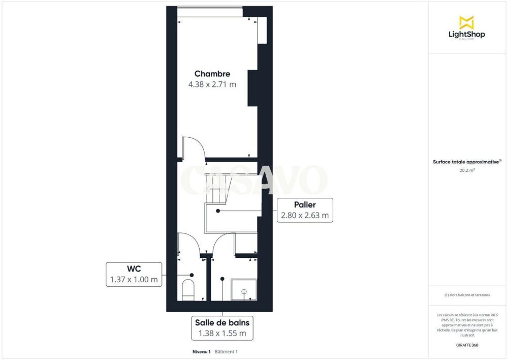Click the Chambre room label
click(x=212, y=74)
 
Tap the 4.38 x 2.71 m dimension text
click(x=212, y=84)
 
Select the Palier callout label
click(x=304, y=205)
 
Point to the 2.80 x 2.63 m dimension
click(x=304, y=216)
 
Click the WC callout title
click(x=133, y=269)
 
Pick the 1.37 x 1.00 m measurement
click(x=134, y=280)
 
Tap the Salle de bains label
click(x=222, y=322)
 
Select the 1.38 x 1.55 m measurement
click(x=222, y=334)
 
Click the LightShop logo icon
click(x=466, y=22)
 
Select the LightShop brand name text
click(x=466, y=35)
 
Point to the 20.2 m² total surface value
click(x=466, y=171)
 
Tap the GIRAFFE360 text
click(x=467, y=345)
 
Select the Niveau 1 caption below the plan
click(x=201, y=351)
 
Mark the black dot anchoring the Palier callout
click(x=218, y=210)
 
